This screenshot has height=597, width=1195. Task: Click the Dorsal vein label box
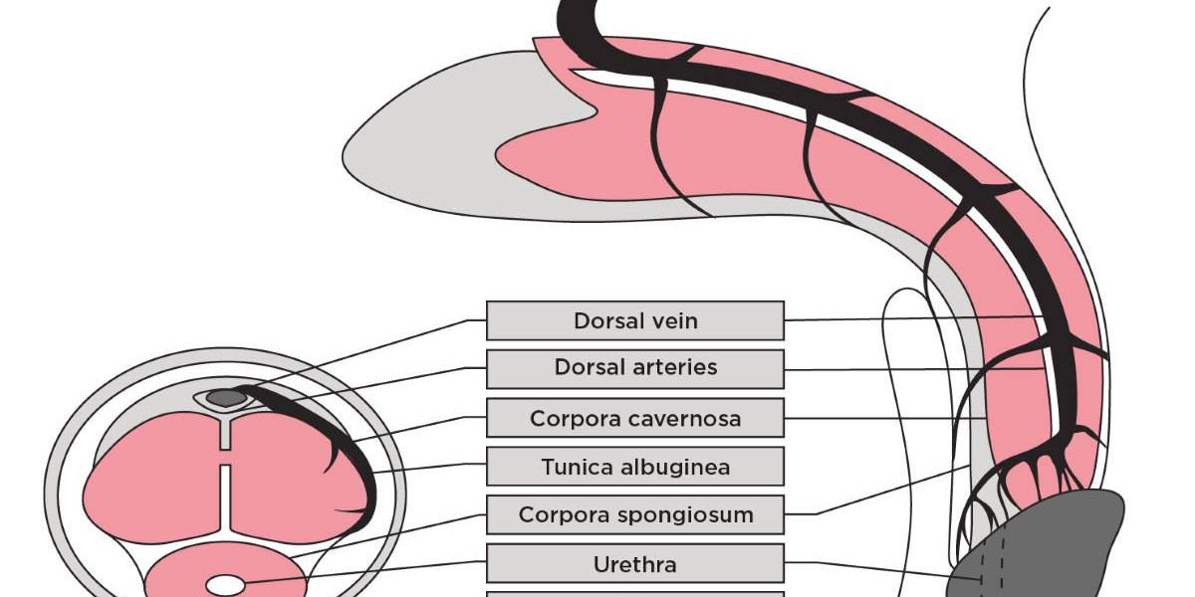(635, 321)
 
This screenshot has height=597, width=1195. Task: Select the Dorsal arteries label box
(635, 368)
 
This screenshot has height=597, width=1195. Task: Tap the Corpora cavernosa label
(635, 418)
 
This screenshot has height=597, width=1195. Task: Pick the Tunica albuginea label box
(635, 467)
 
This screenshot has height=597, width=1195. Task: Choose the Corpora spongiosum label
(635, 515)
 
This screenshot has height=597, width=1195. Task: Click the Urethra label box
(635, 564)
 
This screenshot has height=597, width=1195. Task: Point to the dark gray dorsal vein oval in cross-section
(226, 398)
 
